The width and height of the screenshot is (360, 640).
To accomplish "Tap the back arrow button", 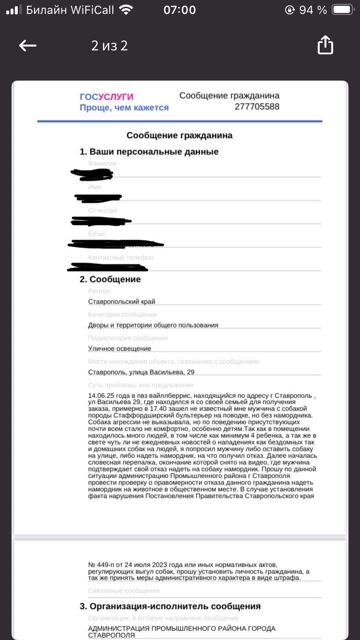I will tap(28, 46).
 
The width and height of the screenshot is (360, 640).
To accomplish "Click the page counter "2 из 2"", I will tap(109, 46).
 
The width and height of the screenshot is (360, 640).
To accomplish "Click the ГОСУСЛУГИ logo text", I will tap(107, 97).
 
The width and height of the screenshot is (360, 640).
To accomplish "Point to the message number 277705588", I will tap(257, 107).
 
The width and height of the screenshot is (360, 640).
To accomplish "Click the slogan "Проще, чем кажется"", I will tap(124, 107).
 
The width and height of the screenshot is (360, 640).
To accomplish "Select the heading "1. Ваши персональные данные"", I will tap(149, 152).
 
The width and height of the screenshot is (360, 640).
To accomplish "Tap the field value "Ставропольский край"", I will tap(121, 301).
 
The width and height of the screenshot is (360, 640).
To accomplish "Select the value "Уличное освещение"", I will tap(120, 349).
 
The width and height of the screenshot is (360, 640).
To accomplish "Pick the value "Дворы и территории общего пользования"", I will tap(153, 325).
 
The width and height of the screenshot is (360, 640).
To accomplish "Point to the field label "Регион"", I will tap(99, 291).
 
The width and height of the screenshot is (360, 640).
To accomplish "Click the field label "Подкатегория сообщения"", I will tap(128, 338).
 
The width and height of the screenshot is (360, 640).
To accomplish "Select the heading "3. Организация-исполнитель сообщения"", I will tap(170, 606).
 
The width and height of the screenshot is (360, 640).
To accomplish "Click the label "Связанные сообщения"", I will tap(124, 591).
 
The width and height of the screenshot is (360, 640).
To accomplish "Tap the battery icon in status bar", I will tap(343, 10).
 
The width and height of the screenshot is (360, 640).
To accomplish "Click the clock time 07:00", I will tap(180, 10).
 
